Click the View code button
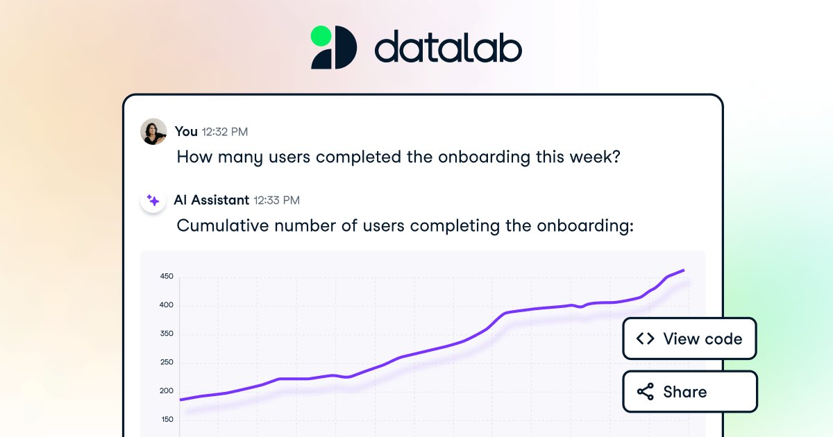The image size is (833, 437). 689,339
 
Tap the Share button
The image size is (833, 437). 689,392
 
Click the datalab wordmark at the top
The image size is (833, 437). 448,49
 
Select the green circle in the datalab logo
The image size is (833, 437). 321,35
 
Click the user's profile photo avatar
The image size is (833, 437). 153,131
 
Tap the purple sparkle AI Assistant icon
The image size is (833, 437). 153,200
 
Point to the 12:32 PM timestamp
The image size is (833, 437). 224,132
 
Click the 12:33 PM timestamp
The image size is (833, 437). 276,200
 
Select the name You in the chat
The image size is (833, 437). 186,131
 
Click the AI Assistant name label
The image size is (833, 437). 212,200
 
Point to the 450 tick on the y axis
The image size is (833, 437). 167,277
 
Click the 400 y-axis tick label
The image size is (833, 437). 167,305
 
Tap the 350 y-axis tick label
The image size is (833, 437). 167,334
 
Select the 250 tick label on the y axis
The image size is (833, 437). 167,362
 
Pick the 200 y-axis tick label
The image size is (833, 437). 167,391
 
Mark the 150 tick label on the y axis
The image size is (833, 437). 167,419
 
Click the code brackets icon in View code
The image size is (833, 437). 645,339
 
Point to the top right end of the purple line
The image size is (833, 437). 684,271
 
